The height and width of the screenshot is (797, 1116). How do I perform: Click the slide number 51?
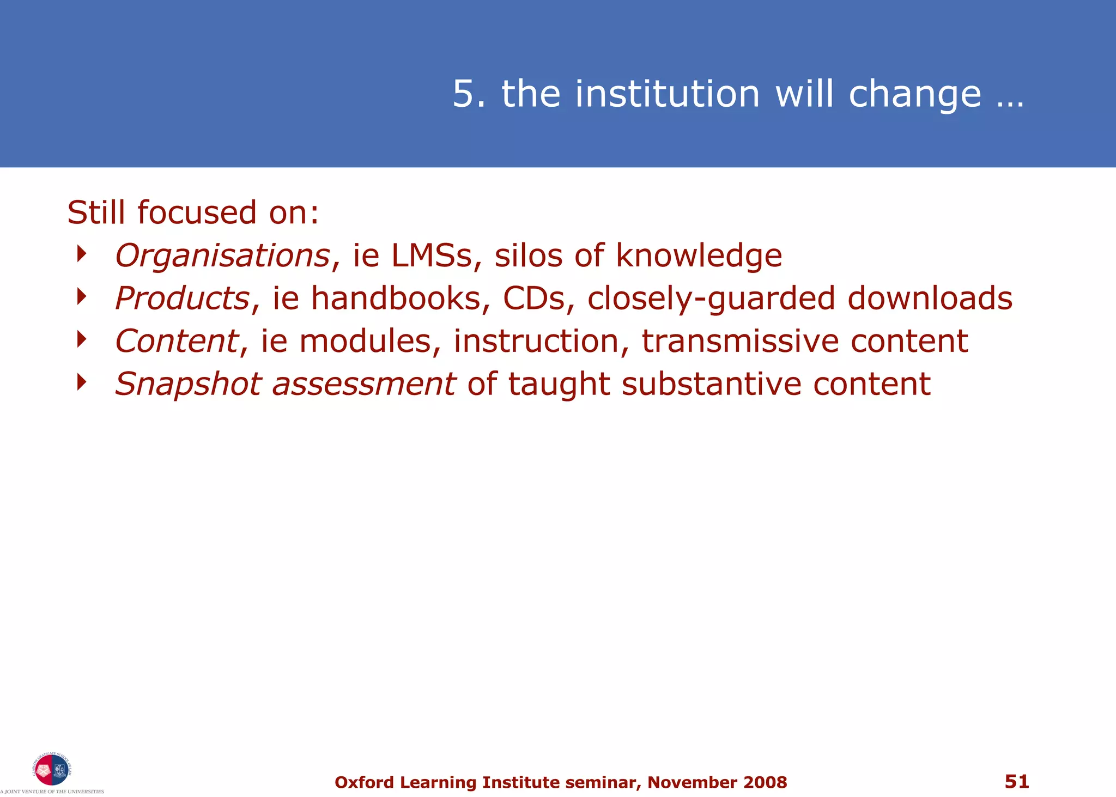(x=1017, y=781)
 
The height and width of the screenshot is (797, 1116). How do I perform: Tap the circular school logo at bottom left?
(x=52, y=769)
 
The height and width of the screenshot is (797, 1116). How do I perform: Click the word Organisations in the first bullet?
(x=222, y=255)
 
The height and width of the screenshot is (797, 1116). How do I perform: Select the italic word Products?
(x=182, y=299)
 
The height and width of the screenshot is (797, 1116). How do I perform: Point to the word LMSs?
(x=432, y=255)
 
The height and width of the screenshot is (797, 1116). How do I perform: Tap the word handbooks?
(x=396, y=299)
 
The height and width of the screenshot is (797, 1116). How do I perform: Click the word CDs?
(x=534, y=299)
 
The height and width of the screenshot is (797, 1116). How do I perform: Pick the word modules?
(x=365, y=342)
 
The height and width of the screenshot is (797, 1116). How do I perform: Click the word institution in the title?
(x=667, y=94)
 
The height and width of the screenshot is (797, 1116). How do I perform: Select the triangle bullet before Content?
(x=82, y=339)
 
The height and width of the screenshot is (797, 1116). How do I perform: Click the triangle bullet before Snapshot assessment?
(x=82, y=382)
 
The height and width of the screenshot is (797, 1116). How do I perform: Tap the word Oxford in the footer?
(x=364, y=782)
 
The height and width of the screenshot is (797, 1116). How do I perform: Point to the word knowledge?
(x=699, y=255)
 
